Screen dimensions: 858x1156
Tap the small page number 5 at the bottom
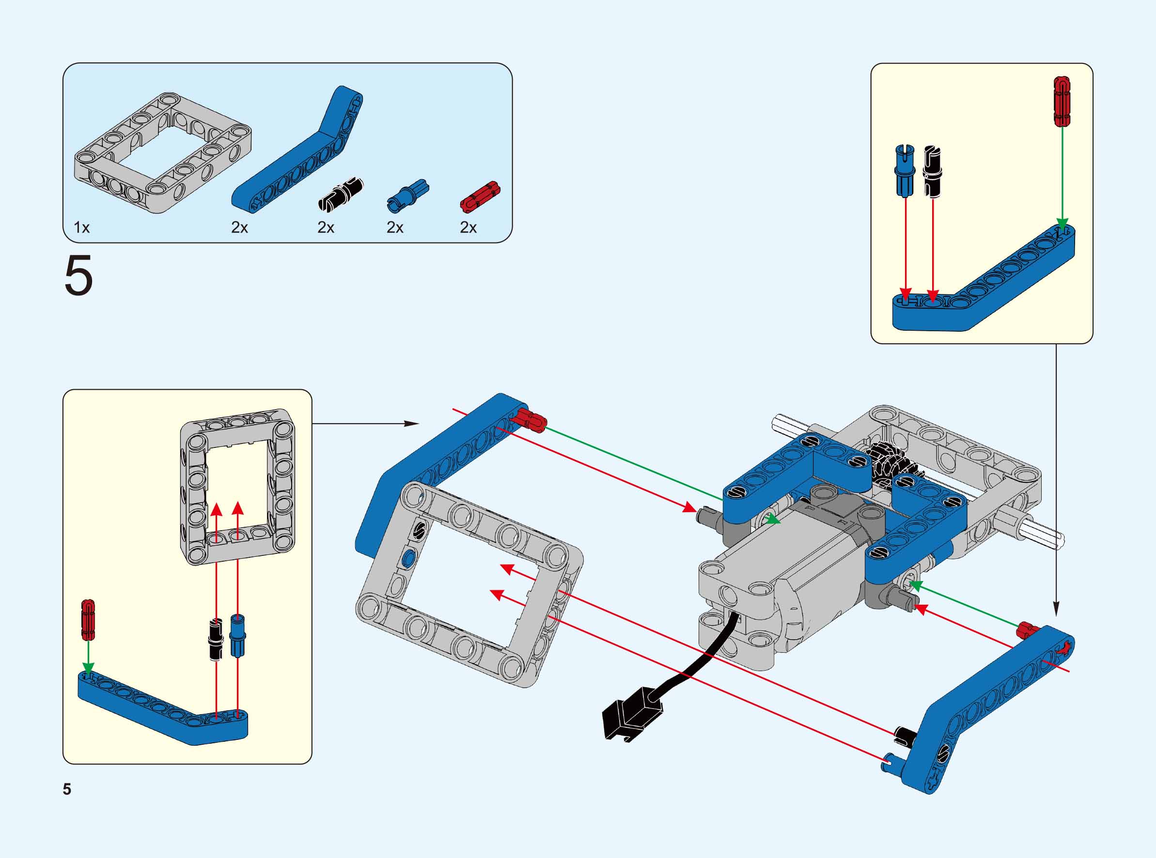point(67,789)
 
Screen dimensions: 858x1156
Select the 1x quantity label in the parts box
point(81,228)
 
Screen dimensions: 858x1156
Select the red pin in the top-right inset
point(1062,101)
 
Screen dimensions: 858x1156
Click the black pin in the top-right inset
point(933,171)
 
